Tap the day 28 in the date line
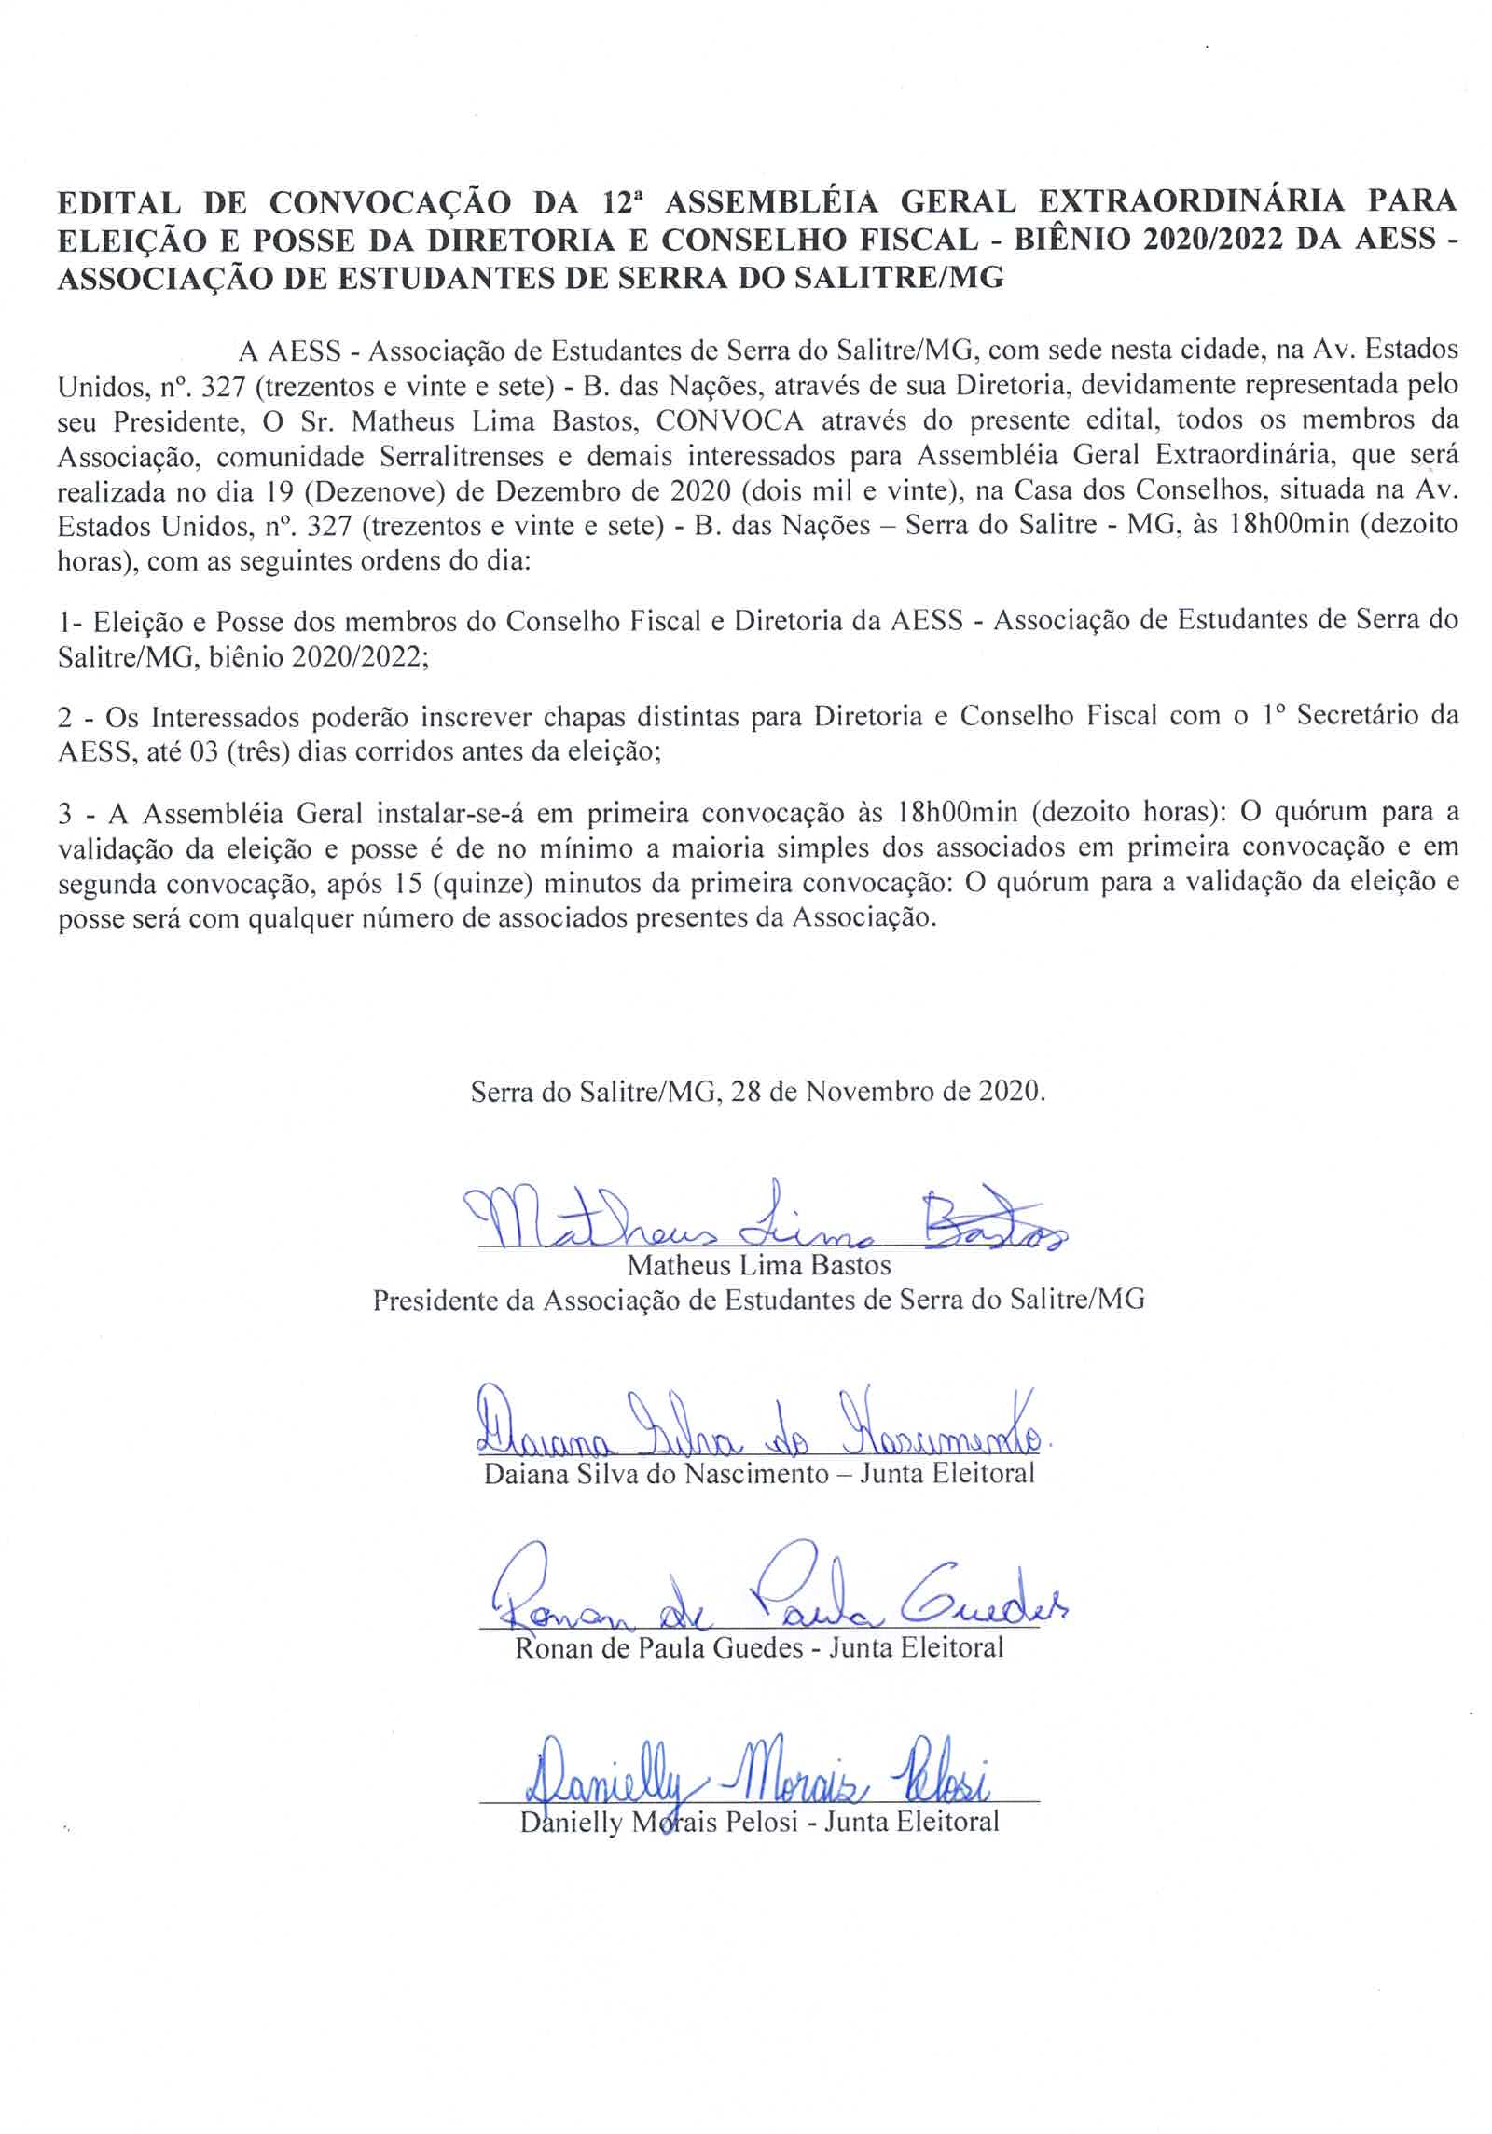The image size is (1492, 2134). pyautogui.click(x=746, y=1091)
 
